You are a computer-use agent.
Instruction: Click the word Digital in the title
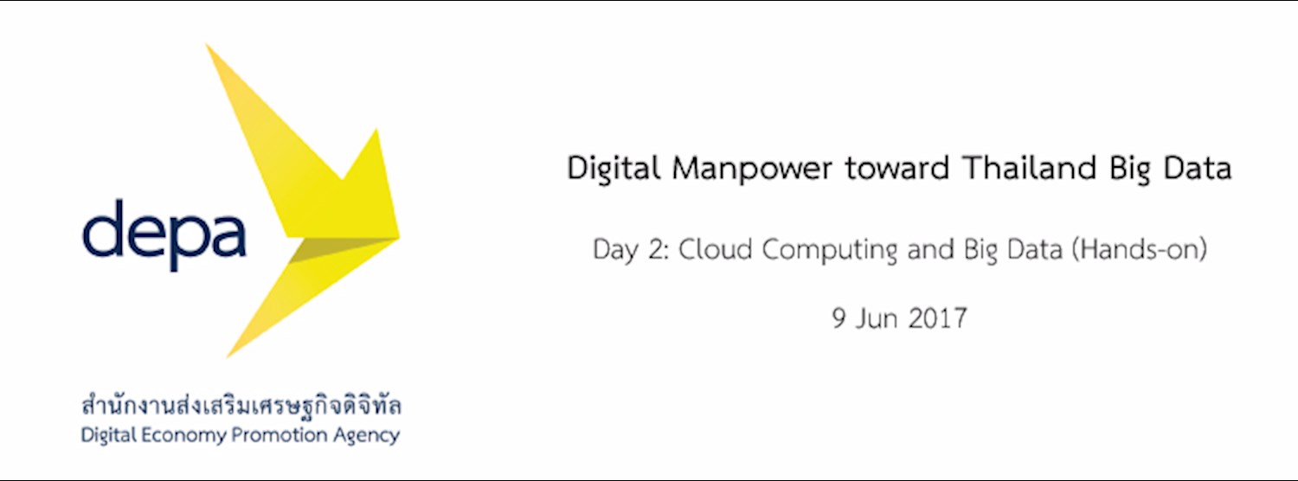[x=614, y=168]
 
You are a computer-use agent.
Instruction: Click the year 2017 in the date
[x=937, y=318]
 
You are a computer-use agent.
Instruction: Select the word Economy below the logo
[x=182, y=435]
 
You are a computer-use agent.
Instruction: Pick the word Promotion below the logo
[x=274, y=434]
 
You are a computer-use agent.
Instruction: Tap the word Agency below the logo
[x=363, y=435]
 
